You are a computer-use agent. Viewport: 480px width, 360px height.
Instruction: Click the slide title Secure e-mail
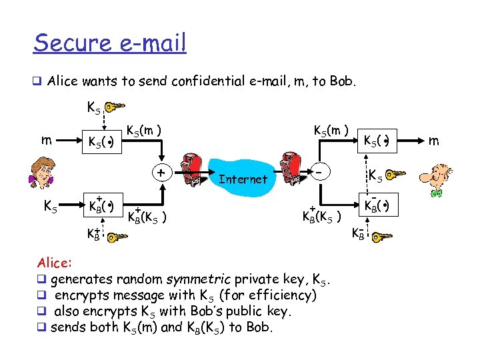click(110, 43)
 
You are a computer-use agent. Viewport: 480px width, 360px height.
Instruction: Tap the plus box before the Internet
click(161, 173)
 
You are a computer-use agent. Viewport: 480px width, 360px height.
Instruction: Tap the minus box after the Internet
click(321, 173)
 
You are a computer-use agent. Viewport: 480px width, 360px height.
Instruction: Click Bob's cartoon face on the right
click(435, 177)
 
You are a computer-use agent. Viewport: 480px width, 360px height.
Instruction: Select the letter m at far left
click(45, 141)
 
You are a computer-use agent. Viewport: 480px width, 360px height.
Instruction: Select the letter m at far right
click(433, 141)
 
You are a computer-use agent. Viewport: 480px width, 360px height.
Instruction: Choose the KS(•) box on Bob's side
click(376, 141)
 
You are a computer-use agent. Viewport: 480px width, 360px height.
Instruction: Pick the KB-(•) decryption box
click(376, 204)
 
